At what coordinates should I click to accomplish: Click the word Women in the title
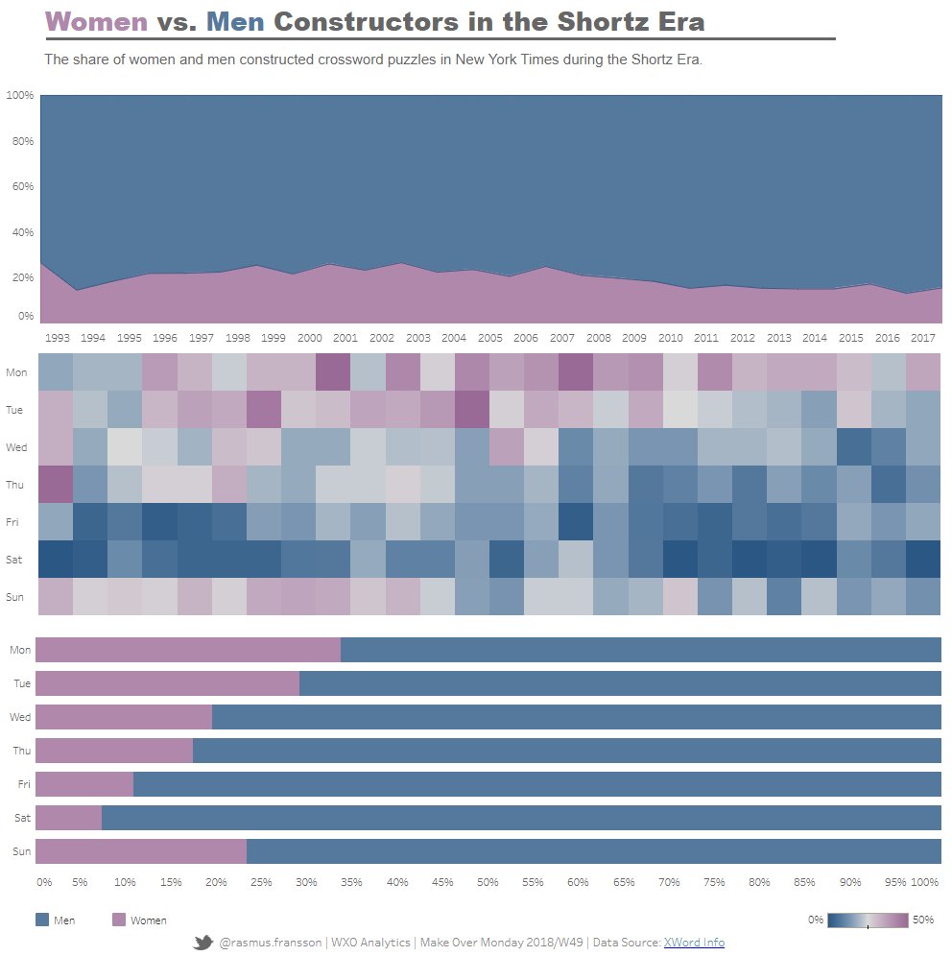click(x=96, y=21)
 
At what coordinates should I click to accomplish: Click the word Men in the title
click(x=234, y=21)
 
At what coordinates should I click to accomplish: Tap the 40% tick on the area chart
click(x=20, y=232)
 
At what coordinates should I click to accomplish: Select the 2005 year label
click(x=489, y=338)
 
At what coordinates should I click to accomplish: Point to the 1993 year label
click(x=57, y=338)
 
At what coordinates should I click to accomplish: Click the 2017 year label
click(x=923, y=338)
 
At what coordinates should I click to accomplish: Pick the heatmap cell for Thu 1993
click(x=57, y=485)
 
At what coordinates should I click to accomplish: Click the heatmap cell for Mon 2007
click(x=562, y=372)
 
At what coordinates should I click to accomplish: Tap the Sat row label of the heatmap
click(x=16, y=560)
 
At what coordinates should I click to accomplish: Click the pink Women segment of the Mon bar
click(x=187, y=650)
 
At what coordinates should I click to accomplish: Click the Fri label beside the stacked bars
click(x=24, y=784)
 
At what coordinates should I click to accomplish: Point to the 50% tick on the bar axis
click(x=488, y=881)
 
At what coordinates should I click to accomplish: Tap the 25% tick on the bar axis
click(x=261, y=881)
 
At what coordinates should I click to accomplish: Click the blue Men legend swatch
click(x=41, y=920)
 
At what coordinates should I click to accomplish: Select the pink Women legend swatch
click(x=119, y=920)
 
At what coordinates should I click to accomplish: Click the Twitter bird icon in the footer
click(x=202, y=943)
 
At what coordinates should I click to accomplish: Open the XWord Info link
click(x=693, y=943)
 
